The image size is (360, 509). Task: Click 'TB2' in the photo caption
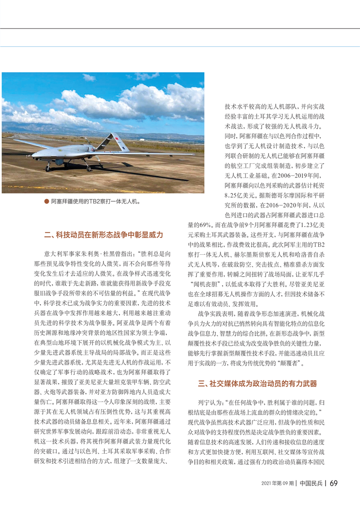(x=102, y=200)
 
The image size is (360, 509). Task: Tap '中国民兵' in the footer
(x=311, y=483)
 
